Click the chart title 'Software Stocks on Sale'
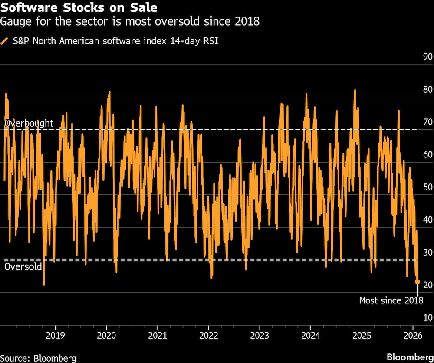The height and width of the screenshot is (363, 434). point(79,8)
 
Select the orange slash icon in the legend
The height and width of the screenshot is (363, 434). point(5,41)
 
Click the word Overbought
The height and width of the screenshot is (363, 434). point(29,123)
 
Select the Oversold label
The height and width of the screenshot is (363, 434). point(23,266)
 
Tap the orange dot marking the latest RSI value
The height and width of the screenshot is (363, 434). point(418,282)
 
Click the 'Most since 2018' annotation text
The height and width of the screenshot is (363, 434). point(391,300)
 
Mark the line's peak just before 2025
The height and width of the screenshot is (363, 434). point(355,90)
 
